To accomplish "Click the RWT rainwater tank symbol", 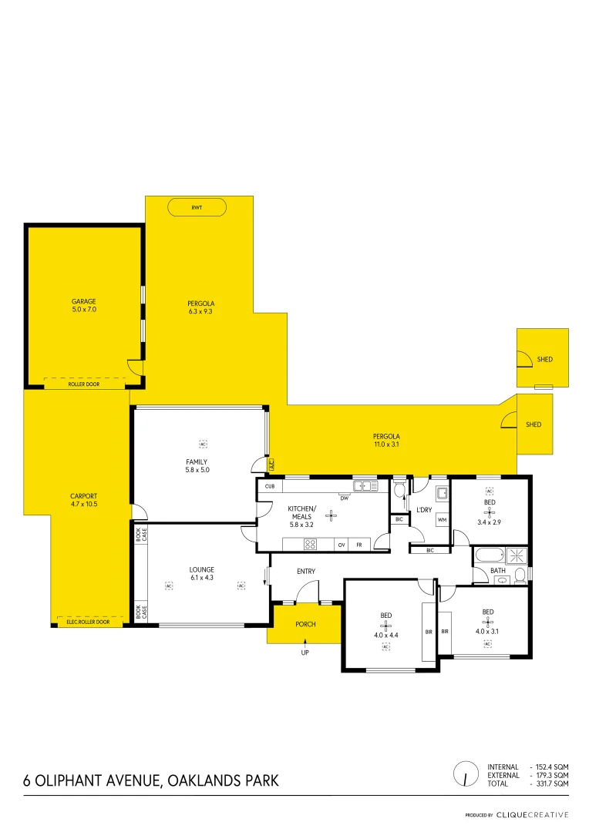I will (197, 207).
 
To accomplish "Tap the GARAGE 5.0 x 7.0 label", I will (83, 305).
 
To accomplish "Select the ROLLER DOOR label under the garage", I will (84, 384).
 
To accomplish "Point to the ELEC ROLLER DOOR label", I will (88, 621).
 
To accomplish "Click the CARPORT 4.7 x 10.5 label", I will (83, 500).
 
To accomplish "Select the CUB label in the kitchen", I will (270, 487).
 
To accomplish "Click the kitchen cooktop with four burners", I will (311, 544).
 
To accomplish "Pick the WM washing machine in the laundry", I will (442, 520).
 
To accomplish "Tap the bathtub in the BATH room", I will (487, 555).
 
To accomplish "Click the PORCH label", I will (305, 624).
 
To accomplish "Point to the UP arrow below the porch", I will (305, 653).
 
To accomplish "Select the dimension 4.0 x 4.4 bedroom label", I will (385, 636).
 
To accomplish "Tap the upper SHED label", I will (545, 359).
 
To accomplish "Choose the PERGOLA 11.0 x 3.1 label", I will (387, 440).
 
